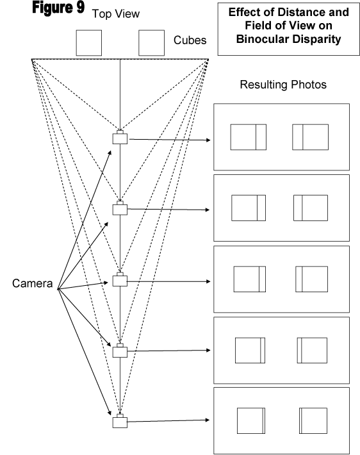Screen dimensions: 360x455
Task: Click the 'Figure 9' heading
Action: [58, 8]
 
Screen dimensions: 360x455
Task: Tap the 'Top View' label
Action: [116, 14]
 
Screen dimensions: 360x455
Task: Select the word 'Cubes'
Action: [190, 40]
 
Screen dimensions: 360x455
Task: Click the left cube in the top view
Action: [89, 43]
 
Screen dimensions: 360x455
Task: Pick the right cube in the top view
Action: [151, 43]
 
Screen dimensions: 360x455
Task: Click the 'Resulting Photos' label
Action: [283, 85]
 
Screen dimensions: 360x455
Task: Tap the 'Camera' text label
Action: [33, 283]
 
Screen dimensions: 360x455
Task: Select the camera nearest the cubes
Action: [120, 137]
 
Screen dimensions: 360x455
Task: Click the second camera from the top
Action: [120, 208]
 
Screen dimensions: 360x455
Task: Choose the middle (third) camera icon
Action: [120, 279]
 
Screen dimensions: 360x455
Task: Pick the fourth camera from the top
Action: [120, 351]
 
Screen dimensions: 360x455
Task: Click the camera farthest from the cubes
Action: [120, 421]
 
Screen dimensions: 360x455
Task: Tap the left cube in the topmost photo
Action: [249, 137]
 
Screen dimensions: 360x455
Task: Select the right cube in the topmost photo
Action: [311, 137]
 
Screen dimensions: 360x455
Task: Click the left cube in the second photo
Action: [249, 208]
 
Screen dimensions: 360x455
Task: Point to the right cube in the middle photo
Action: [311, 279]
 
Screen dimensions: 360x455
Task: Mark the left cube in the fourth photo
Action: [250, 351]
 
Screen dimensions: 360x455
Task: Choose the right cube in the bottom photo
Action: [313, 421]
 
